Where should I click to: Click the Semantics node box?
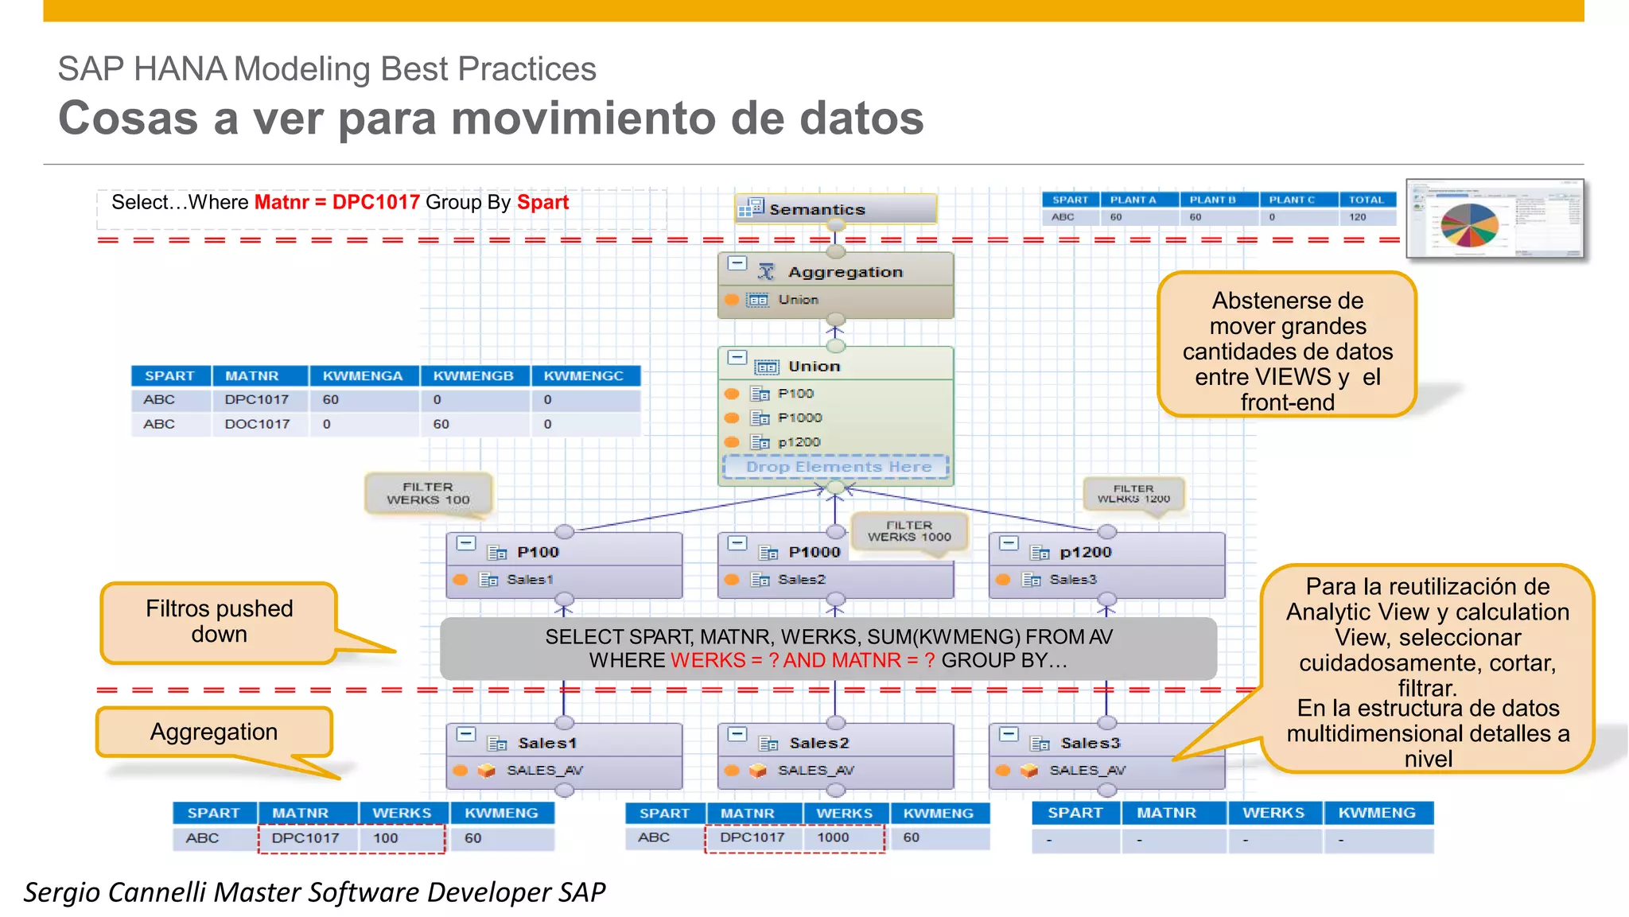[834, 209]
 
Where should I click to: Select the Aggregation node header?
[845, 272]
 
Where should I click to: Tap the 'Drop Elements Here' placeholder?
[838, 467]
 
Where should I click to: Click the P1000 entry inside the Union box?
[799, 418]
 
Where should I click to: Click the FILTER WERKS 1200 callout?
[1133, 494]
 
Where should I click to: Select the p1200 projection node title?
[1085, 552]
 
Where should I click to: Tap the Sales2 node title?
[818, 743]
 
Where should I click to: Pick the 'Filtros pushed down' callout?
[219, 622]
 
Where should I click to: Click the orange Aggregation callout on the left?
[214, 732]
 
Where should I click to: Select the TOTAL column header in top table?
[1366, 200]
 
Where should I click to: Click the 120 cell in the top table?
[1358, 217]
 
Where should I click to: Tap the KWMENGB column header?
[473, 375]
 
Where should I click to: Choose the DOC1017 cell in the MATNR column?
[257, 424]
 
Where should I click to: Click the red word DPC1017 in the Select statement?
[375, 202]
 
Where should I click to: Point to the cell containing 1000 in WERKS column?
[833, 837]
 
